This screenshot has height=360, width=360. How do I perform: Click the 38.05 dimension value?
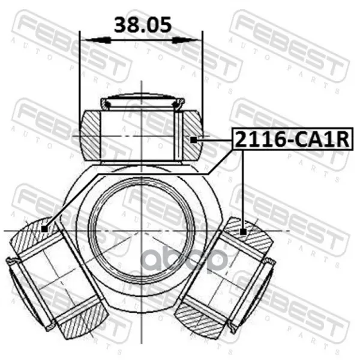coord(143,25)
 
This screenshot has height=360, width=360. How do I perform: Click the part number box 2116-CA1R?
coord(292,139)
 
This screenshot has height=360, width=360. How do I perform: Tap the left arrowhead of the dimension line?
coord(98,41)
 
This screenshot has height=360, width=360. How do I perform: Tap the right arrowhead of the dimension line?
coord(185,41)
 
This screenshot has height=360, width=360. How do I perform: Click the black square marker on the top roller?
coord(194,139)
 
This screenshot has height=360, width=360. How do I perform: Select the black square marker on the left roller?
coord(44,229)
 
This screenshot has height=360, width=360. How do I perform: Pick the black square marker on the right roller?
coord(243,232)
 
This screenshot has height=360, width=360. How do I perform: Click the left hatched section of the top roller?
coord(90,136)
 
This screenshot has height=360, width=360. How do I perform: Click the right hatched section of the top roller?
coord(193,136)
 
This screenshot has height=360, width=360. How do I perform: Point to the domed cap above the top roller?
coord(142,101)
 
